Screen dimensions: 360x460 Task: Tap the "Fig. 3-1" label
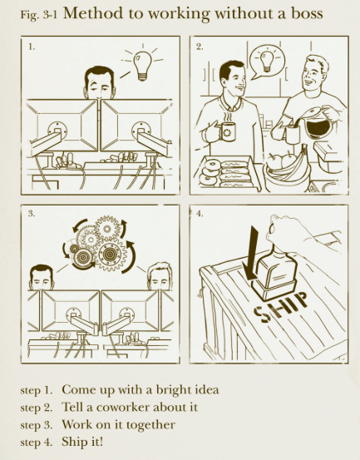pos(38,15)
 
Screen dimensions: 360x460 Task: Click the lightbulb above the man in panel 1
pos(142,66)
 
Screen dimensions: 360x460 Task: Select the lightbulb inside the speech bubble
pos(267,61)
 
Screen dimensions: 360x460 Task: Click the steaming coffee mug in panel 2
pos(226,131)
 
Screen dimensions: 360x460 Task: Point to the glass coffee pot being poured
pos(318,123)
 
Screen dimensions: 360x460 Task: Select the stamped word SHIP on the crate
pos(281,307)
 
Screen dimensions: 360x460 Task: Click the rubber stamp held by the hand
pos(275,271)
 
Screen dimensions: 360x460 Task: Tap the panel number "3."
pos(32,214)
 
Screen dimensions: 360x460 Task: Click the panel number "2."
pos(200,47)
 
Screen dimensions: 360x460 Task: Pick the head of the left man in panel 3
pos(42,278)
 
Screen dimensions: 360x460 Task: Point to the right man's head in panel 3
pos(160,276)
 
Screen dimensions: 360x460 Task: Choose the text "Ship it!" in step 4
pos(82,442)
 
